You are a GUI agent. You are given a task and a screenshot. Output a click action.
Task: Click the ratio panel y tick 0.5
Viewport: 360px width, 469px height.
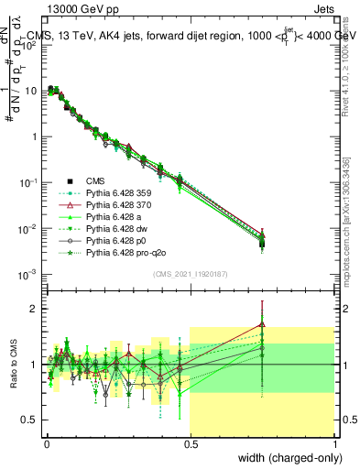coord(29,420)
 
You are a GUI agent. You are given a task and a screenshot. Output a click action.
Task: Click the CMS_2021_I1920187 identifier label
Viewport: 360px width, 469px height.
coord(190,274)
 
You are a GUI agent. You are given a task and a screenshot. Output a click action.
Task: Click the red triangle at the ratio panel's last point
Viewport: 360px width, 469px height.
coord(262,323)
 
